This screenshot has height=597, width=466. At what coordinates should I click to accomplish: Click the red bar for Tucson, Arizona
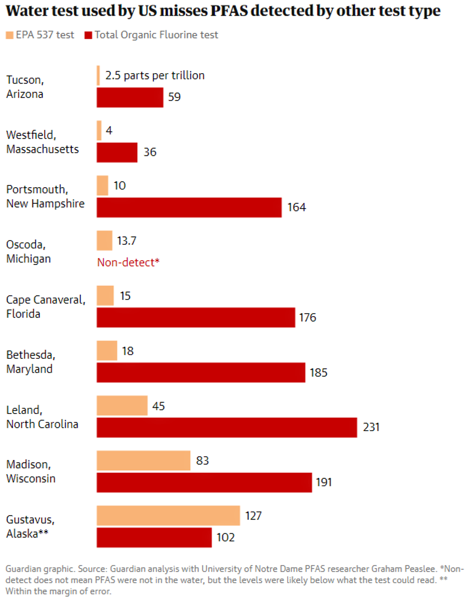point(130,97)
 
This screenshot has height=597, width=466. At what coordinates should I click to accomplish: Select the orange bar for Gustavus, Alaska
point(168,516)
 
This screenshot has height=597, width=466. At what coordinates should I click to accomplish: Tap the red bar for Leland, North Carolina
point(227,427)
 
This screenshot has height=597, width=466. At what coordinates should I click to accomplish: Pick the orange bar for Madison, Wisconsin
point(144,461)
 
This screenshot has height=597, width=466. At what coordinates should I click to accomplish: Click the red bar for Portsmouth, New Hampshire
point(189,207)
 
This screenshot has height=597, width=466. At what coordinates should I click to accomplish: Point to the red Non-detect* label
point(128,262)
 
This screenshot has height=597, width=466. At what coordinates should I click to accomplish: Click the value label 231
point(371,427)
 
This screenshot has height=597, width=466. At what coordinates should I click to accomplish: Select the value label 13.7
point(126,241)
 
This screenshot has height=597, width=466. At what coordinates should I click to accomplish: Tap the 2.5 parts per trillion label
point(155,76)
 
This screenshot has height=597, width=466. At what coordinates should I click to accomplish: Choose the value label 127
point(253,516)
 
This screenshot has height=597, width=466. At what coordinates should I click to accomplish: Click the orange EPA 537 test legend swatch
point(10,35)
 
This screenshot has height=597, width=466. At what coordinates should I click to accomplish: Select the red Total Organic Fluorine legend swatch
point(88,35)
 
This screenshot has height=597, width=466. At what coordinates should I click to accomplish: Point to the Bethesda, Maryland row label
point(30,362)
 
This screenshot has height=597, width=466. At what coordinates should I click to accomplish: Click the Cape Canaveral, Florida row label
point(46,307)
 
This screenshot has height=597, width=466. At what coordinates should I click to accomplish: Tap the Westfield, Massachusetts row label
point(42,142)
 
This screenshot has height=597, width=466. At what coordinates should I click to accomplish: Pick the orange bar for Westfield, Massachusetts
point(99,131)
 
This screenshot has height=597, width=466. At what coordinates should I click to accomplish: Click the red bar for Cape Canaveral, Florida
point(196,318)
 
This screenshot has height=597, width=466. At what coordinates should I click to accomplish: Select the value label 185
point(319,373)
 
